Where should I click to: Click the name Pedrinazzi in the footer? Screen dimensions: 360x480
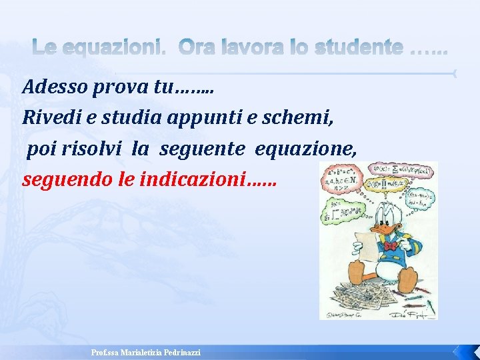coord(180,352)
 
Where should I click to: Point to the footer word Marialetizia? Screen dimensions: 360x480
coord(136,352)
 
